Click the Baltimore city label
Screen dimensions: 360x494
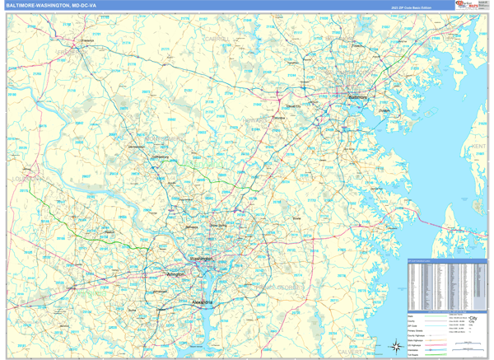click(x=357, y=97)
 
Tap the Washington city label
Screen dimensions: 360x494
click(x=202, y=259)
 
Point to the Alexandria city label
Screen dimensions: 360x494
click(x=203, y=302)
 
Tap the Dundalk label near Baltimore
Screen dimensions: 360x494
click(x=384, y=110)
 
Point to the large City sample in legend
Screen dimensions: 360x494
click(x=473, y=318)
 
